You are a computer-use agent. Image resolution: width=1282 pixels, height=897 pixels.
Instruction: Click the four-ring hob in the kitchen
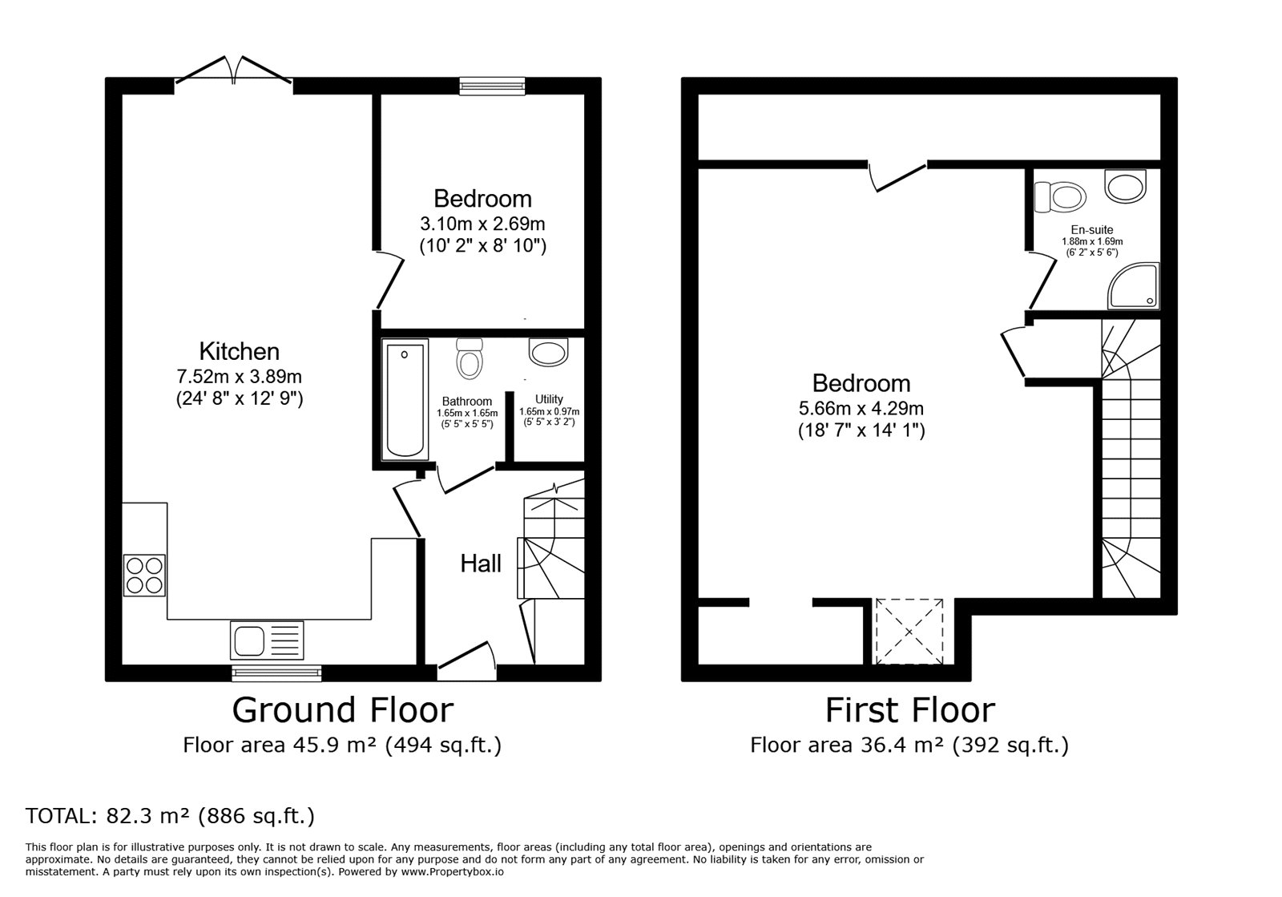(x=144, y=575)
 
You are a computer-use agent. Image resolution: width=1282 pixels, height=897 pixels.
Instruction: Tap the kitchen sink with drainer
(x=267, y=641)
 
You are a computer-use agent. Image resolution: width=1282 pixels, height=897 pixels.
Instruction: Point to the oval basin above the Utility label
(x=548, y=351)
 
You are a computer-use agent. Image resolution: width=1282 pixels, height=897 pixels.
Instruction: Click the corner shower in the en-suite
(x=1133, y=286)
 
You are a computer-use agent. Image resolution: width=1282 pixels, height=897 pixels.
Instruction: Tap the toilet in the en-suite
(x=1060, y=196)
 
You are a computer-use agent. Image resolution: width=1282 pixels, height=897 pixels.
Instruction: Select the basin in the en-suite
(x=1126, y=184)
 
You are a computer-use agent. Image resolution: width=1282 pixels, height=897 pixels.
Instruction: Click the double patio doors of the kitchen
(x=233, y=72)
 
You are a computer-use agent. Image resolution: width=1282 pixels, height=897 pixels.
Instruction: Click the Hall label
(x=481, y=564)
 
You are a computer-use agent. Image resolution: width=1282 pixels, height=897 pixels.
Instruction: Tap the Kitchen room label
(x=239, y=351)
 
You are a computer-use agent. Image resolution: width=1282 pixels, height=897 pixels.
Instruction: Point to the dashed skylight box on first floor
(x=909, y=631)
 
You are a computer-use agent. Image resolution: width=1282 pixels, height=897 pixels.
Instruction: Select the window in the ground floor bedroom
(x=492, y=86)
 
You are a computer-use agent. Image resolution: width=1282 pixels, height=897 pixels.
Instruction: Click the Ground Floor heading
(x=342, y=710)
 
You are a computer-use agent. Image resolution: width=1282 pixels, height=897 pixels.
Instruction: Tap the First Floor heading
(x=909, y=710)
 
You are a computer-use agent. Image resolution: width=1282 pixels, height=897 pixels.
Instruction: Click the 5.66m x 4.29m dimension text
(x=861, y=408)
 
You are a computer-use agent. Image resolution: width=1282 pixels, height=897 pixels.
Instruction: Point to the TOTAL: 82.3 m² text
(x=170, y=816)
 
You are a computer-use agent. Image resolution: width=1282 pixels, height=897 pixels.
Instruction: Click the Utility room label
(x=549, y=399)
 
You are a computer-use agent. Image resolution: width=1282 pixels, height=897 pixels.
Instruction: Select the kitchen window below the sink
(x=276, y=673)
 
